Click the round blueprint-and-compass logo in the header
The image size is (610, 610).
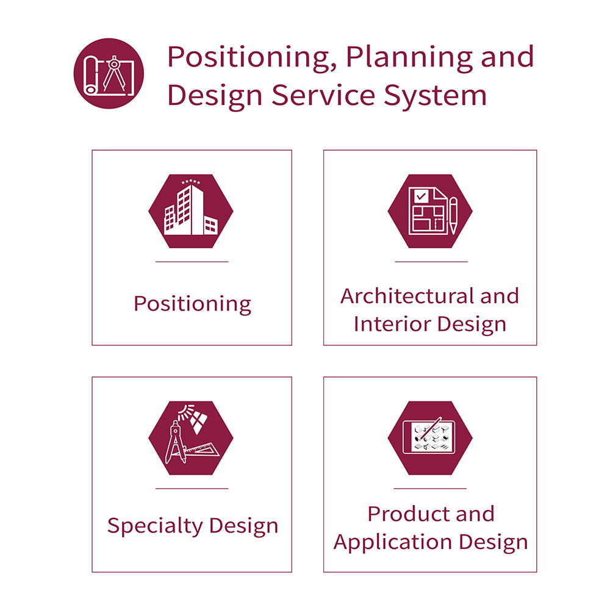(109, 73)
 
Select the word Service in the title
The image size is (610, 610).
(323, 95)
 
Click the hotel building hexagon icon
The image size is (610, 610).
(190, 211)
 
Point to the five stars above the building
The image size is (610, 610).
(190, 182)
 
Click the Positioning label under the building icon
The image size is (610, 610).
(192, 304)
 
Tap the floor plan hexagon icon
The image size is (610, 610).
(430, 211)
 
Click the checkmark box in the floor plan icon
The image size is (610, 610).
(420, 196)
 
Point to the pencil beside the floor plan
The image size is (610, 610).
(453, 215)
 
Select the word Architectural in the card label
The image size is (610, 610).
(406, 296)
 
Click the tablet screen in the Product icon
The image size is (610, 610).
(429, 437)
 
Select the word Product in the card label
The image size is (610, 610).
(407, 514)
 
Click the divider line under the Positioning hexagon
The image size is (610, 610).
(192, 262)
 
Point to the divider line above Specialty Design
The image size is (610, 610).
(192, 489)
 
